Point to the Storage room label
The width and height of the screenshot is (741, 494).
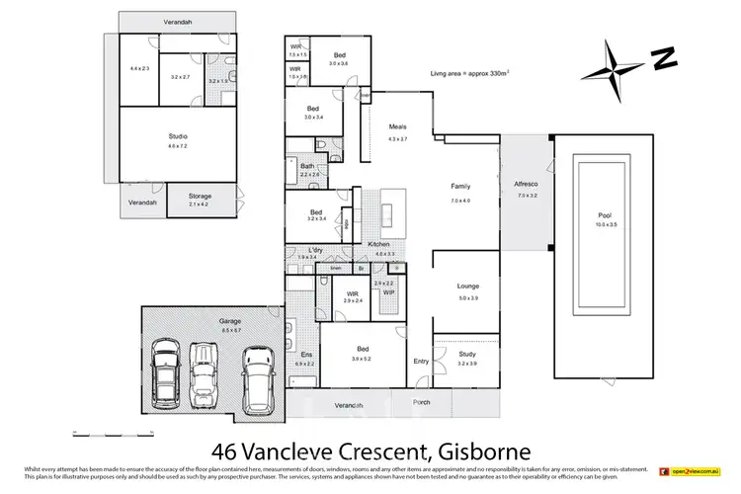tap(201, 196)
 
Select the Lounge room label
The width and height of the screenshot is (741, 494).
tap(467, 288)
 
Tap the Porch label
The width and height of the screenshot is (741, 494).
tap(421, 402)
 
